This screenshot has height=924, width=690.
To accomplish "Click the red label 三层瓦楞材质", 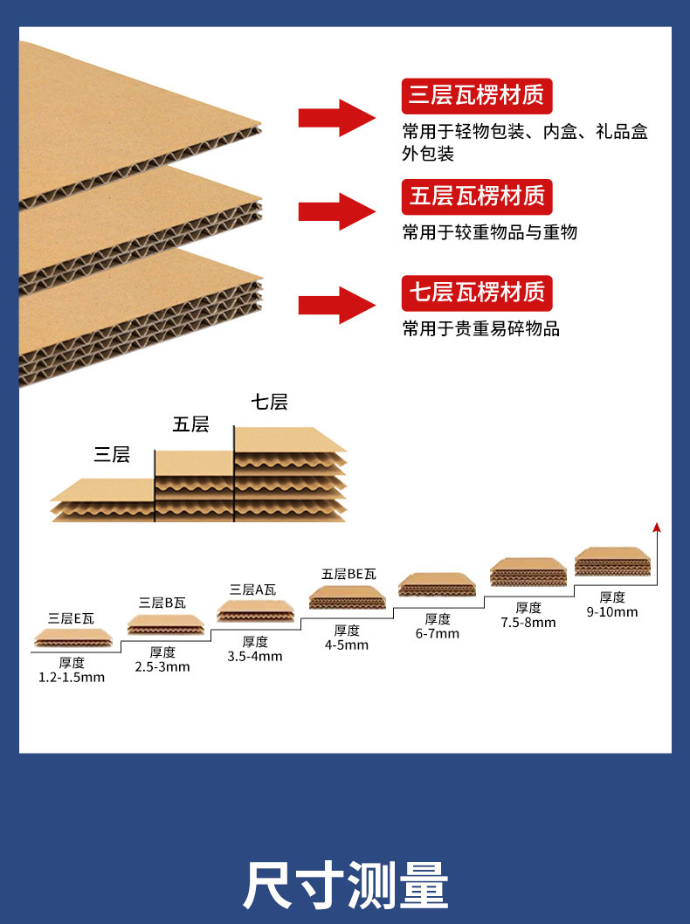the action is tap(477, 96).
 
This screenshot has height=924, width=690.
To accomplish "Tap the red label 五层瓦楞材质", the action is tap(477, 197).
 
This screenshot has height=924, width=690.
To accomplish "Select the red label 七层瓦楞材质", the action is tap(477, 293).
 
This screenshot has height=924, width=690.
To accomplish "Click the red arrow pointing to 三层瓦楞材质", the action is tap(337, 118).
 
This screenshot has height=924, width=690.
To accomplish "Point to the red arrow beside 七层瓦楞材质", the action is tap(337, 306).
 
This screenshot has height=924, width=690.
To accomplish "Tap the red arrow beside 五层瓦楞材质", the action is tap(337, 211).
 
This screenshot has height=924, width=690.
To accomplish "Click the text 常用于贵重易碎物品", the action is tap(481, 328).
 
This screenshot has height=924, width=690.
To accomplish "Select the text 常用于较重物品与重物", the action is tap(490, 232).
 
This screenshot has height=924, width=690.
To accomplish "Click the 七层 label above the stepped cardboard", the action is tap(269, 402).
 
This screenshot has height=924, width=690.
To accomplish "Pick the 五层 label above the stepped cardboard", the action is tap(190, 424).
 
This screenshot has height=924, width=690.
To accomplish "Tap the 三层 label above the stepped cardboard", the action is tap(112, 454).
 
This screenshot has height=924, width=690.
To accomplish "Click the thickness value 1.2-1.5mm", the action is tap(72, 678).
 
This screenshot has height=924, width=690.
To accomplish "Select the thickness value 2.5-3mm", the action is tap(162, 667).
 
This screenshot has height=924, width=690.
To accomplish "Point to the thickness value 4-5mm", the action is tap(347, 645).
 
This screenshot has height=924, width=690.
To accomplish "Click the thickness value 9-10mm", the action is tap(612, 612).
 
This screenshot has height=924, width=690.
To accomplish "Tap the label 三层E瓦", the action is tap(71, 618).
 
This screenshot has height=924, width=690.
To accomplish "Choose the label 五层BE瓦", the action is tap(348, 574).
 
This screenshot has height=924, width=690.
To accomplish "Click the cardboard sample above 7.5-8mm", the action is tap(528, 572).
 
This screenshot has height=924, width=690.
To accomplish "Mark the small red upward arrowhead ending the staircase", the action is tap(657, 527).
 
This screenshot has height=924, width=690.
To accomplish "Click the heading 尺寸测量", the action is tap(345, 885).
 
